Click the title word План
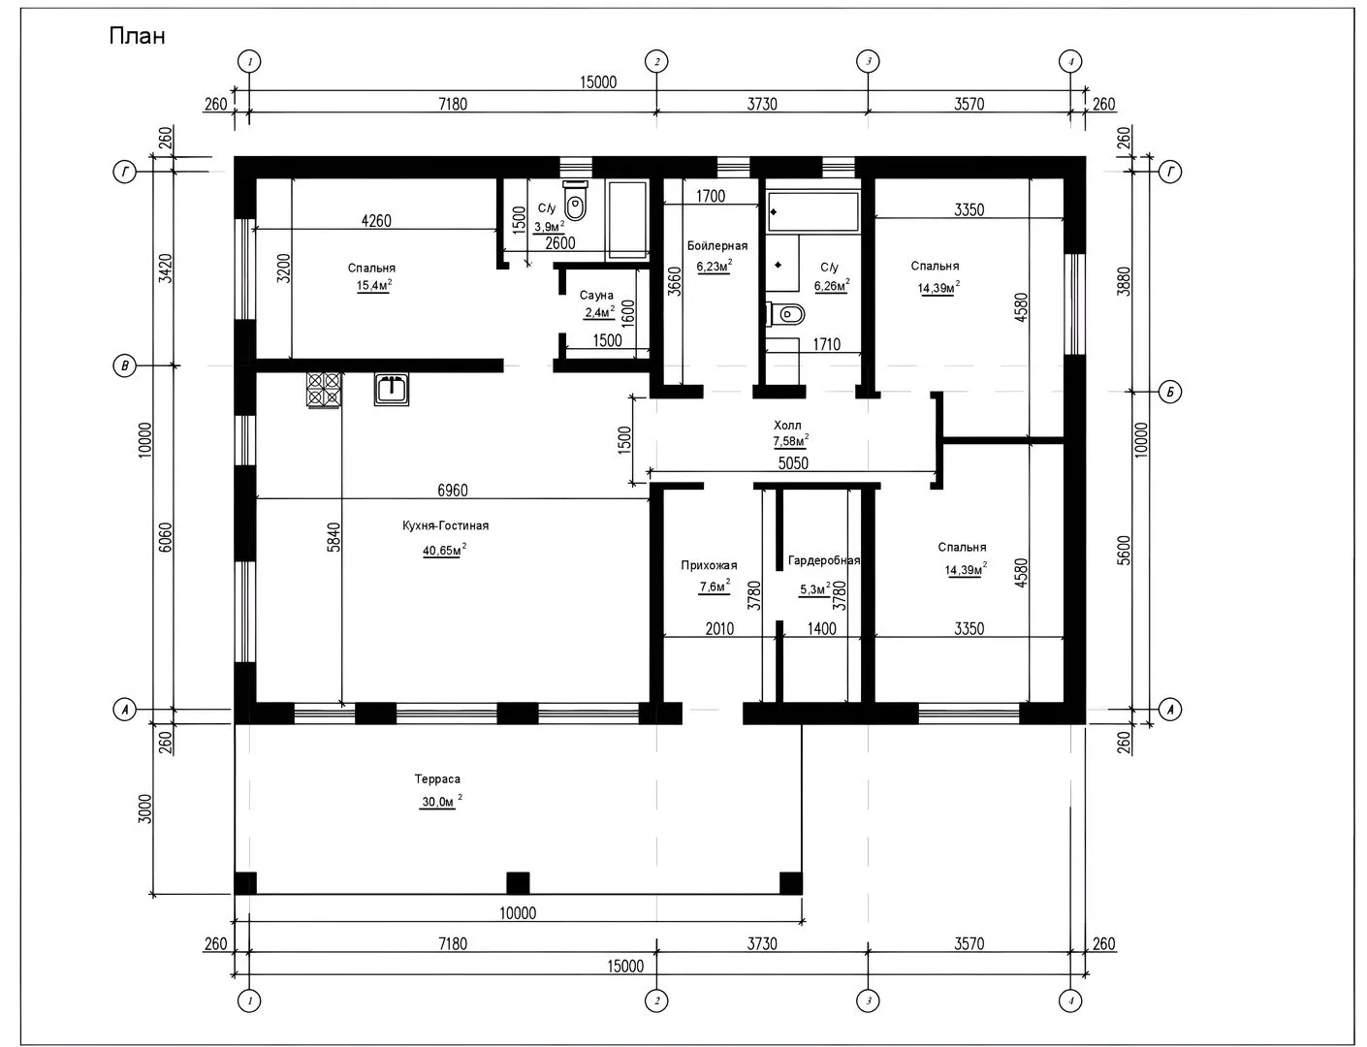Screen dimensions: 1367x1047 point(137,36)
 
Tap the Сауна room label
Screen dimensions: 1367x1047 point(596,295)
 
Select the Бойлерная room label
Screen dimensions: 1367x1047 point(717,246)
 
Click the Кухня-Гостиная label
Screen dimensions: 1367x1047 point(445,525)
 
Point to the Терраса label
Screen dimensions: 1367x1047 point(437,779)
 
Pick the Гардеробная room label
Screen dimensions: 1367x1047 point(823,560)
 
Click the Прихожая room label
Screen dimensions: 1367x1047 point(709,565)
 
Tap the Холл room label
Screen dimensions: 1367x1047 point(787,425)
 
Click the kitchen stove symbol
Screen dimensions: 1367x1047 point(325,390)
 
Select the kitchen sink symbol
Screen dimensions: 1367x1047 point(392,389)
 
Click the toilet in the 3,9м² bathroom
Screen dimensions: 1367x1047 point(575,200)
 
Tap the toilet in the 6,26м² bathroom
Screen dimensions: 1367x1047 point(786,314)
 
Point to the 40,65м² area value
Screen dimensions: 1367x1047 point(444,551)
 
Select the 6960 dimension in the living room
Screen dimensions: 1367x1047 point(453,490)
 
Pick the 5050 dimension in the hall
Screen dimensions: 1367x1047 point(793,463)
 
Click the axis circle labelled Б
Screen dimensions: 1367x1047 point(1170,393)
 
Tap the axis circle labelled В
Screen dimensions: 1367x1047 point(124,366)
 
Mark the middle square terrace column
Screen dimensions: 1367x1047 point(518,883)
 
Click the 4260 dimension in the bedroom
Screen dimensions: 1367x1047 point(376,221)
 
